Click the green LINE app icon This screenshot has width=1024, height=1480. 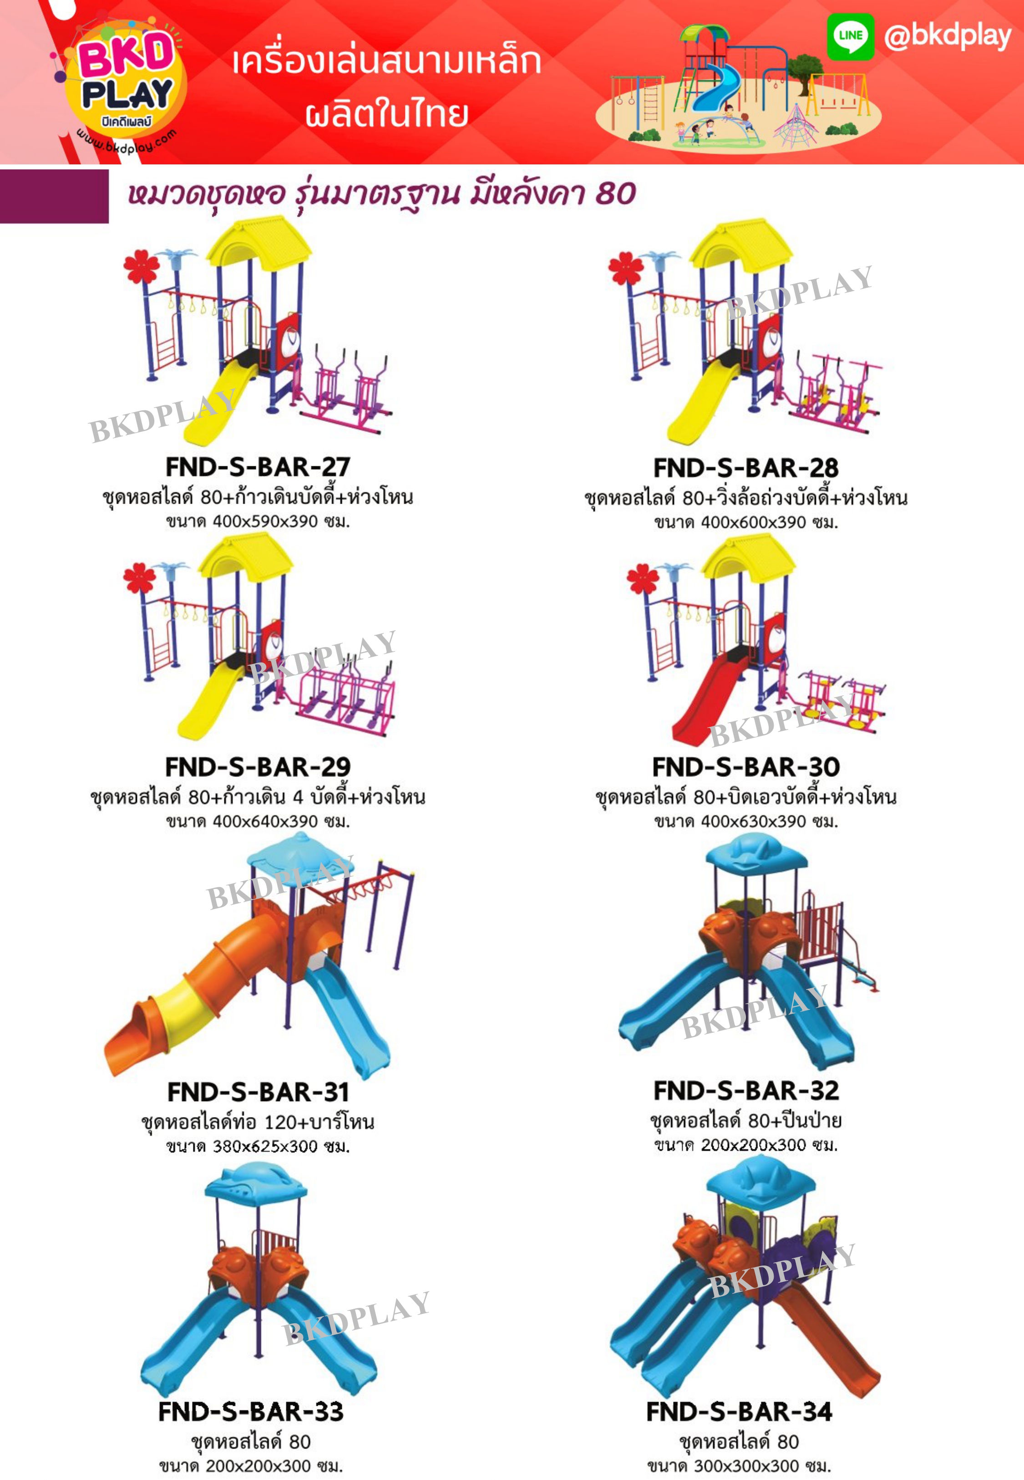pos(850,36)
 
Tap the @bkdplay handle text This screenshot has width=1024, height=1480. pos(947,36)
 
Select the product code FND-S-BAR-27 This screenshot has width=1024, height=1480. pos(258,467)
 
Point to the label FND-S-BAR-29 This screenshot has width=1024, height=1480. pos(258,766)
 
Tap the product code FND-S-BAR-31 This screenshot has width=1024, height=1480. pos(258,1091)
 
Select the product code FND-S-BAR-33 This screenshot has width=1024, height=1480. pos(251,1411)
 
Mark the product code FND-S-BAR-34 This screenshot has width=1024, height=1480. pos(739,1411)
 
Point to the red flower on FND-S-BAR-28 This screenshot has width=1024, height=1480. pos(626,268)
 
